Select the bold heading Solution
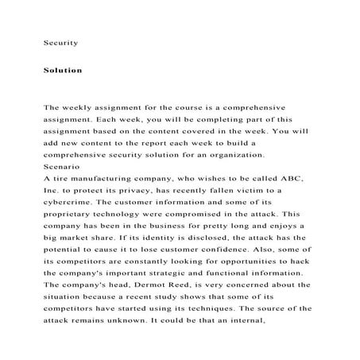[63, 70]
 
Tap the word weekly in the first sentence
[86, 106]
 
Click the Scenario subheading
[62, 168]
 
